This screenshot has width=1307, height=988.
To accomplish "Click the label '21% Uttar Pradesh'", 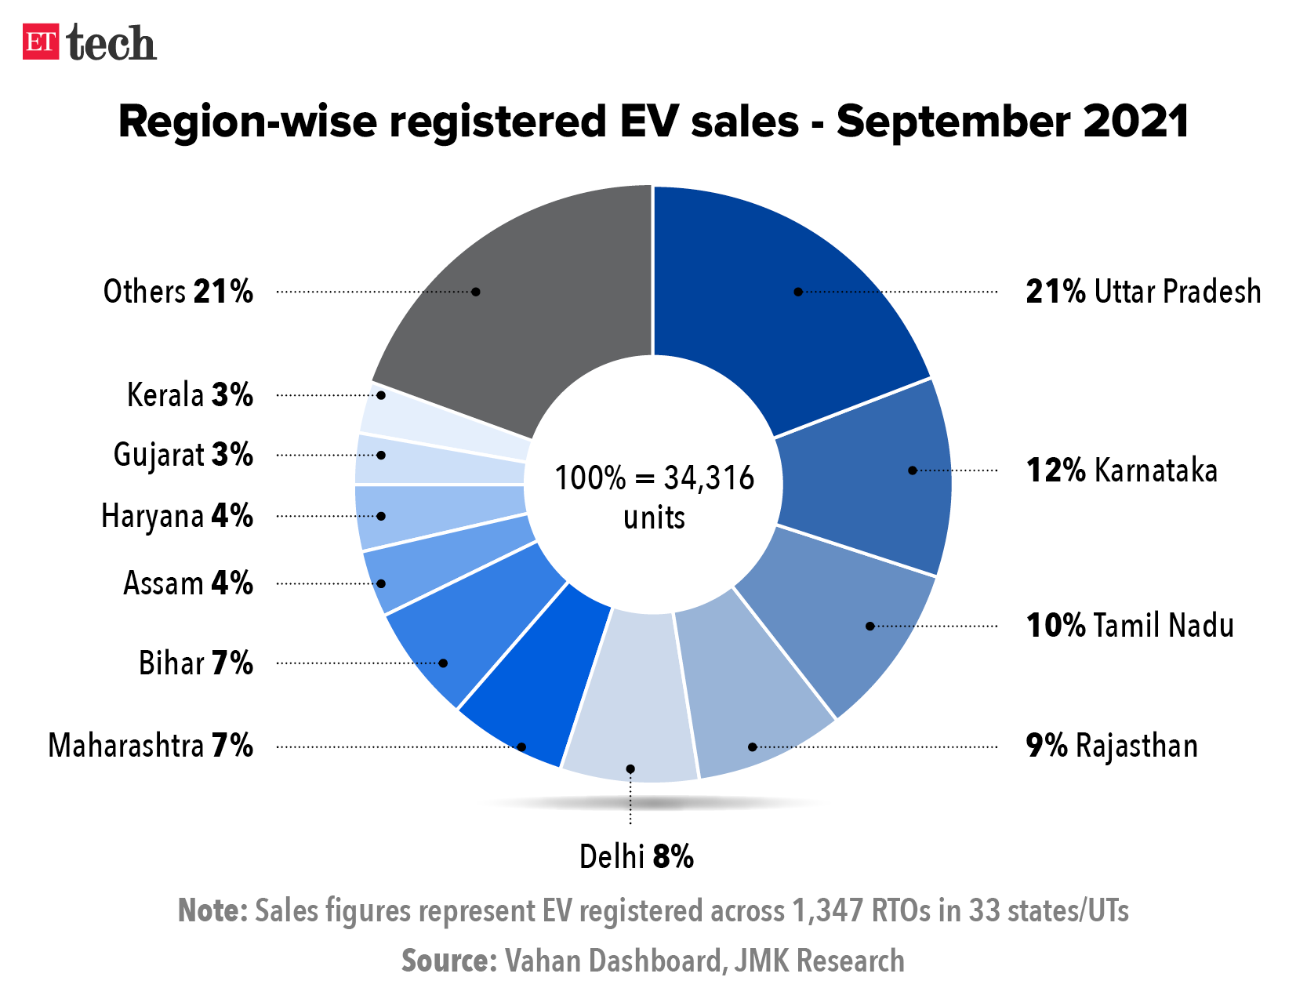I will [x=1143, y=292].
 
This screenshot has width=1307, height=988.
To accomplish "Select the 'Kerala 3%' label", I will [x=190, y=395].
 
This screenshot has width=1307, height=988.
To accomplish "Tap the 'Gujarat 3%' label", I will [x=183, y=456].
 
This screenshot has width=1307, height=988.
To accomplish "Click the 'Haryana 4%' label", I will [x=177, y=517].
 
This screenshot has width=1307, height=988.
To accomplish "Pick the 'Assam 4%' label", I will [x=188, y=584].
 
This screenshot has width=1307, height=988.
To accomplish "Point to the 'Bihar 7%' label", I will [x=196, y=663].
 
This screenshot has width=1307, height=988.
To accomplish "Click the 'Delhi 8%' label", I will [x=636, y=857].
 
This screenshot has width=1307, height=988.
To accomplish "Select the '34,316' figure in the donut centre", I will [x=709, y=478].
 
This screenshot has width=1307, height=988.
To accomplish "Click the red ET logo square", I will [x=41, y=42].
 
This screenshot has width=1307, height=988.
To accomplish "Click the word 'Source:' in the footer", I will [x=448, y=961].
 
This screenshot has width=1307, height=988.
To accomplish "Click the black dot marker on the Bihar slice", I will [x=443, y=663].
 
